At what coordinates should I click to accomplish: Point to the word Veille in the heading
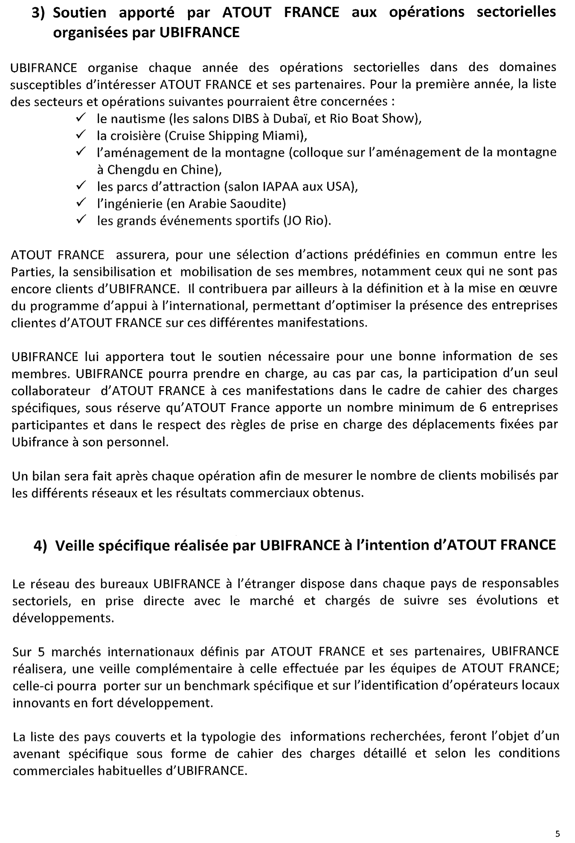[x=78, y=545]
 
